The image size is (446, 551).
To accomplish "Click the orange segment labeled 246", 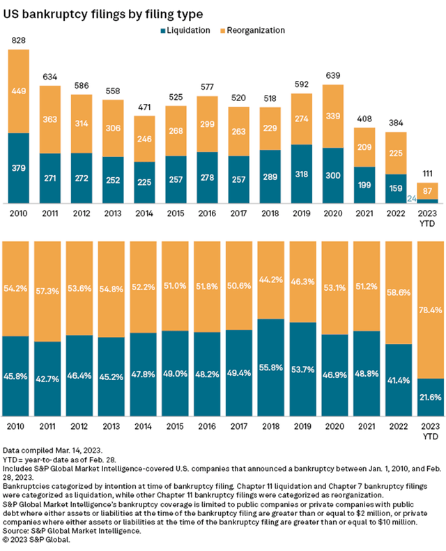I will (144, 139).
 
